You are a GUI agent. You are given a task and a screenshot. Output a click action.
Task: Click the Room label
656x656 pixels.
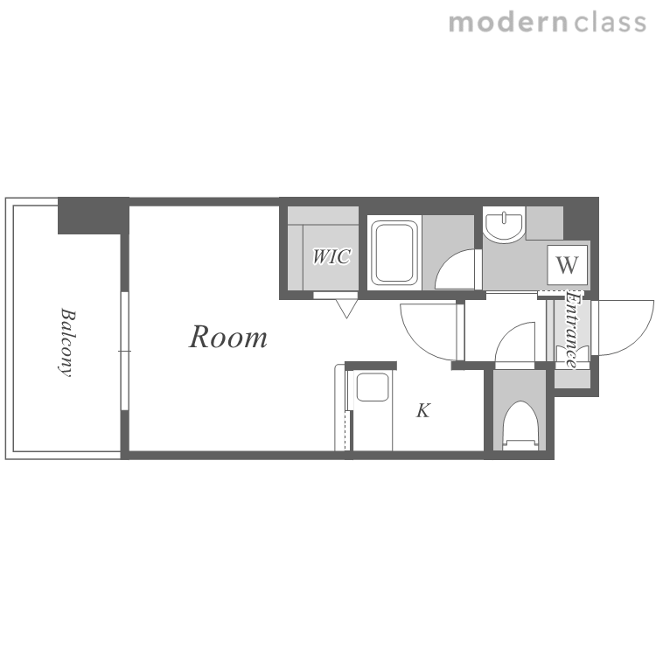point(228,337)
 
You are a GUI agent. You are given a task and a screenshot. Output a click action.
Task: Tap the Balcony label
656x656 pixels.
point(67,343)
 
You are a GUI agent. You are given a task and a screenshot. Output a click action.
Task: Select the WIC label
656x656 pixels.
point(331,256)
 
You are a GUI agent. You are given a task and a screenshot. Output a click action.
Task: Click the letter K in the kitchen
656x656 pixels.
point(423,410)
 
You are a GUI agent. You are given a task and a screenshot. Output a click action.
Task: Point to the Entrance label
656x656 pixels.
point(571,330)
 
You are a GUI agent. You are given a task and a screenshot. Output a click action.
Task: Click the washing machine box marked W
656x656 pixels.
point(568,265)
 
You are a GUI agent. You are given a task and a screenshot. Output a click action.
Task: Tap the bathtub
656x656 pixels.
point(394,253)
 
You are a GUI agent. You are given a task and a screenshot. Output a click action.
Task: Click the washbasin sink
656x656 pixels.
point(504,224)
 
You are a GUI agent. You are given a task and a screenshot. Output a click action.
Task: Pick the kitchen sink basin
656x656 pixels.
point(373,387)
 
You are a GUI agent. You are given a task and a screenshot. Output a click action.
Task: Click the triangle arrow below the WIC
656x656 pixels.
point(346,309)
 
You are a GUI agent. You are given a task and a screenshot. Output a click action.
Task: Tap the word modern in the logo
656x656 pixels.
point(508,22)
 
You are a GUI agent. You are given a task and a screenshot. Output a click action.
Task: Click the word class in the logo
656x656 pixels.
point(610,22)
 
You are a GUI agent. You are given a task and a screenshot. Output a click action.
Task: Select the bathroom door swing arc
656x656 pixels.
point(448,261)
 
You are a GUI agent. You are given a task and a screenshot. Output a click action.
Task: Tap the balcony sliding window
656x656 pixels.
point(124,351)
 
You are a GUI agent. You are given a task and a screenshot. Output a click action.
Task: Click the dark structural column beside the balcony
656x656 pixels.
point(93,215)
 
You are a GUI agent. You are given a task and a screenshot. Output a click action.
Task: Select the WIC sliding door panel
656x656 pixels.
point(336,296)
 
